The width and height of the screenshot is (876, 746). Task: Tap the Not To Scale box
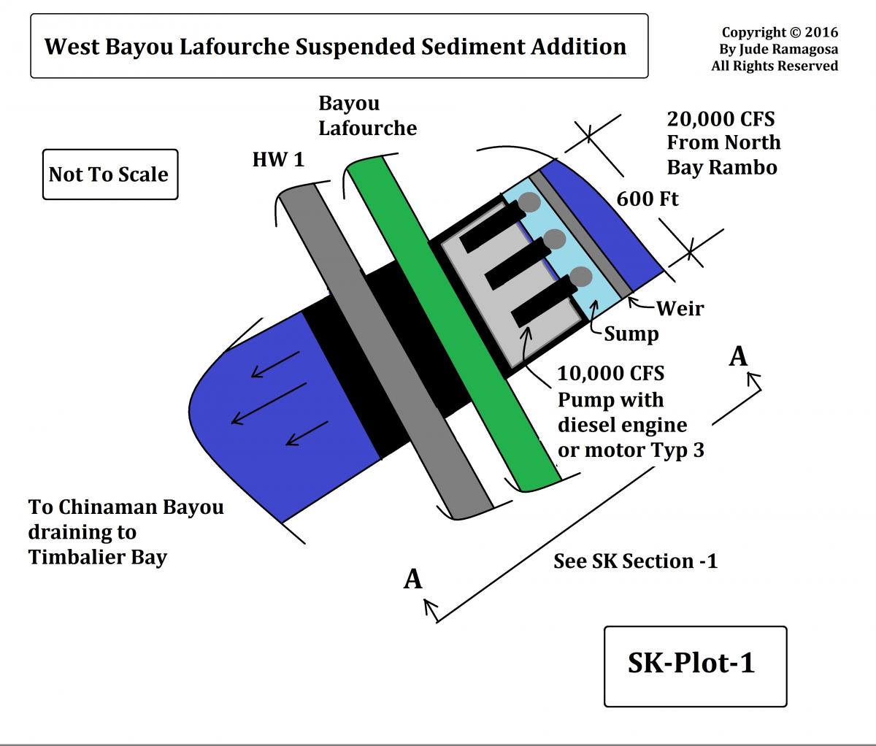click(109, 174)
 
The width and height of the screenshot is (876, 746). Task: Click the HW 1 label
click(278, 159)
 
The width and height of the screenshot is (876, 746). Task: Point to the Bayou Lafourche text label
click(367, 115)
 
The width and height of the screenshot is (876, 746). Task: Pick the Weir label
click(680, 308)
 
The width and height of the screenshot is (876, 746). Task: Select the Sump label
click(631, 334)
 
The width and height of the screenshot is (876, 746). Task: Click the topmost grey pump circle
click(531, 202)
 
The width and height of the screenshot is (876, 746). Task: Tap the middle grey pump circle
click(555, 239)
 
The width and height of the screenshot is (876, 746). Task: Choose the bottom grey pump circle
click(581, 277)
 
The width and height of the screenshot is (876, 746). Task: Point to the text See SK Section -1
click(635, 561)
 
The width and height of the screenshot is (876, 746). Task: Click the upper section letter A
click(739, 357)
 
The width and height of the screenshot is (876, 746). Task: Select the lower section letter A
click(413, 579)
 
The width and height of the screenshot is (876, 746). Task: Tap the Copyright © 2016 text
click(780, 33)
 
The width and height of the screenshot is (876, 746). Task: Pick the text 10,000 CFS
click(610, 374)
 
